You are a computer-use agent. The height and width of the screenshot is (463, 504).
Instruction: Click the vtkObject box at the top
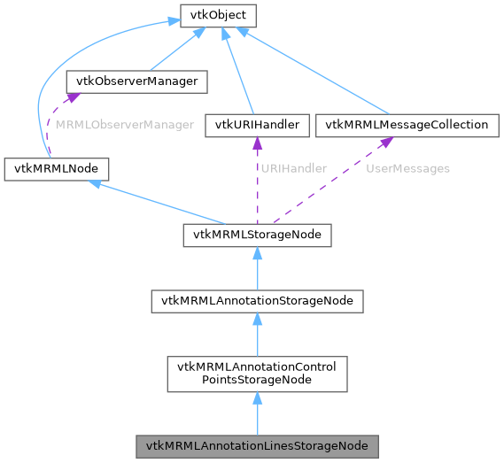[x=205, y=15]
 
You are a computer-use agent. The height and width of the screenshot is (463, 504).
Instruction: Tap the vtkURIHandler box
[x=256, y=125]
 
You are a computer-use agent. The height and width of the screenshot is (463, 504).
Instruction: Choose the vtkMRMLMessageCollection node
[x=407, y=125]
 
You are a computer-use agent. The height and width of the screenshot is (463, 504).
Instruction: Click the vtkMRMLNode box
[x=56, y=168]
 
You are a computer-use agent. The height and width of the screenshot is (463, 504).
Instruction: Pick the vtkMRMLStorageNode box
[x=257, y=235]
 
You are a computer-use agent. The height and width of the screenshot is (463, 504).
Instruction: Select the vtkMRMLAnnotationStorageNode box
[x=257, y=301]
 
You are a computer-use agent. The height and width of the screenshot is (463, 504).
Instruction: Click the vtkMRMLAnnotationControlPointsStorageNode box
[x=257, y=374]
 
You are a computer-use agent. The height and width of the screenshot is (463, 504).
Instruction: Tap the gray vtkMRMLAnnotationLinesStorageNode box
[x=257, y=445]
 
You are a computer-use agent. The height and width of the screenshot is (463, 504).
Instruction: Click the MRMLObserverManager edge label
[x=124, y=125]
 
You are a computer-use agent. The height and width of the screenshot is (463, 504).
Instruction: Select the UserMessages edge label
[x=407, y=168]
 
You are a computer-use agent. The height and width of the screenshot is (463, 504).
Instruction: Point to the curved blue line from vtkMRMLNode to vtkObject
[x=40, y=97]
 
